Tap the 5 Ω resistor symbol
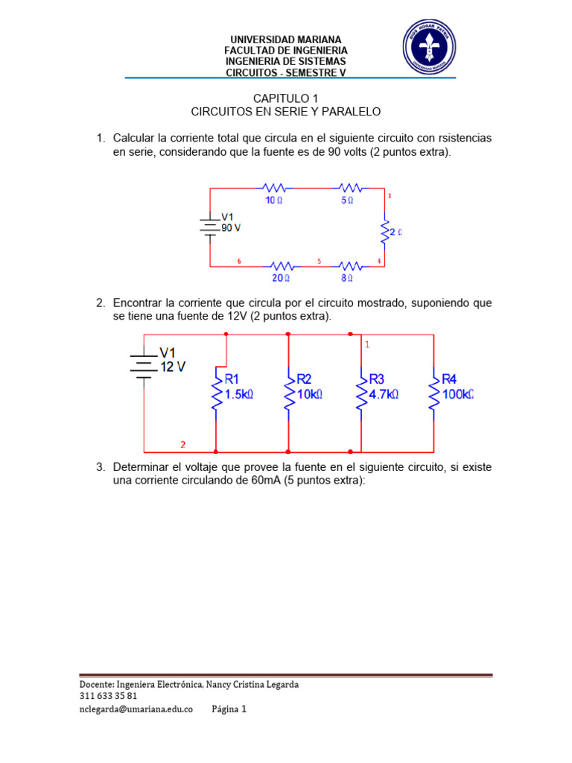click(349, 189)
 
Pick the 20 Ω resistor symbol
click(281, 266)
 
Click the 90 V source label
click(231, 228)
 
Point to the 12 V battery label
click(173, 367)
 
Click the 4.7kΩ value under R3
click(384, 394)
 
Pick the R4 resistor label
click(452, 379)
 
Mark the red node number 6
click(239, 261)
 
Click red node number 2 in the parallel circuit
click(182, 445)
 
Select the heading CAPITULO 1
click(285, 98)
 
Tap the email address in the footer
click(136, 709)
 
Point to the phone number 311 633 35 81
click(108, 696)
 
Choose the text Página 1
click(229, 709)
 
